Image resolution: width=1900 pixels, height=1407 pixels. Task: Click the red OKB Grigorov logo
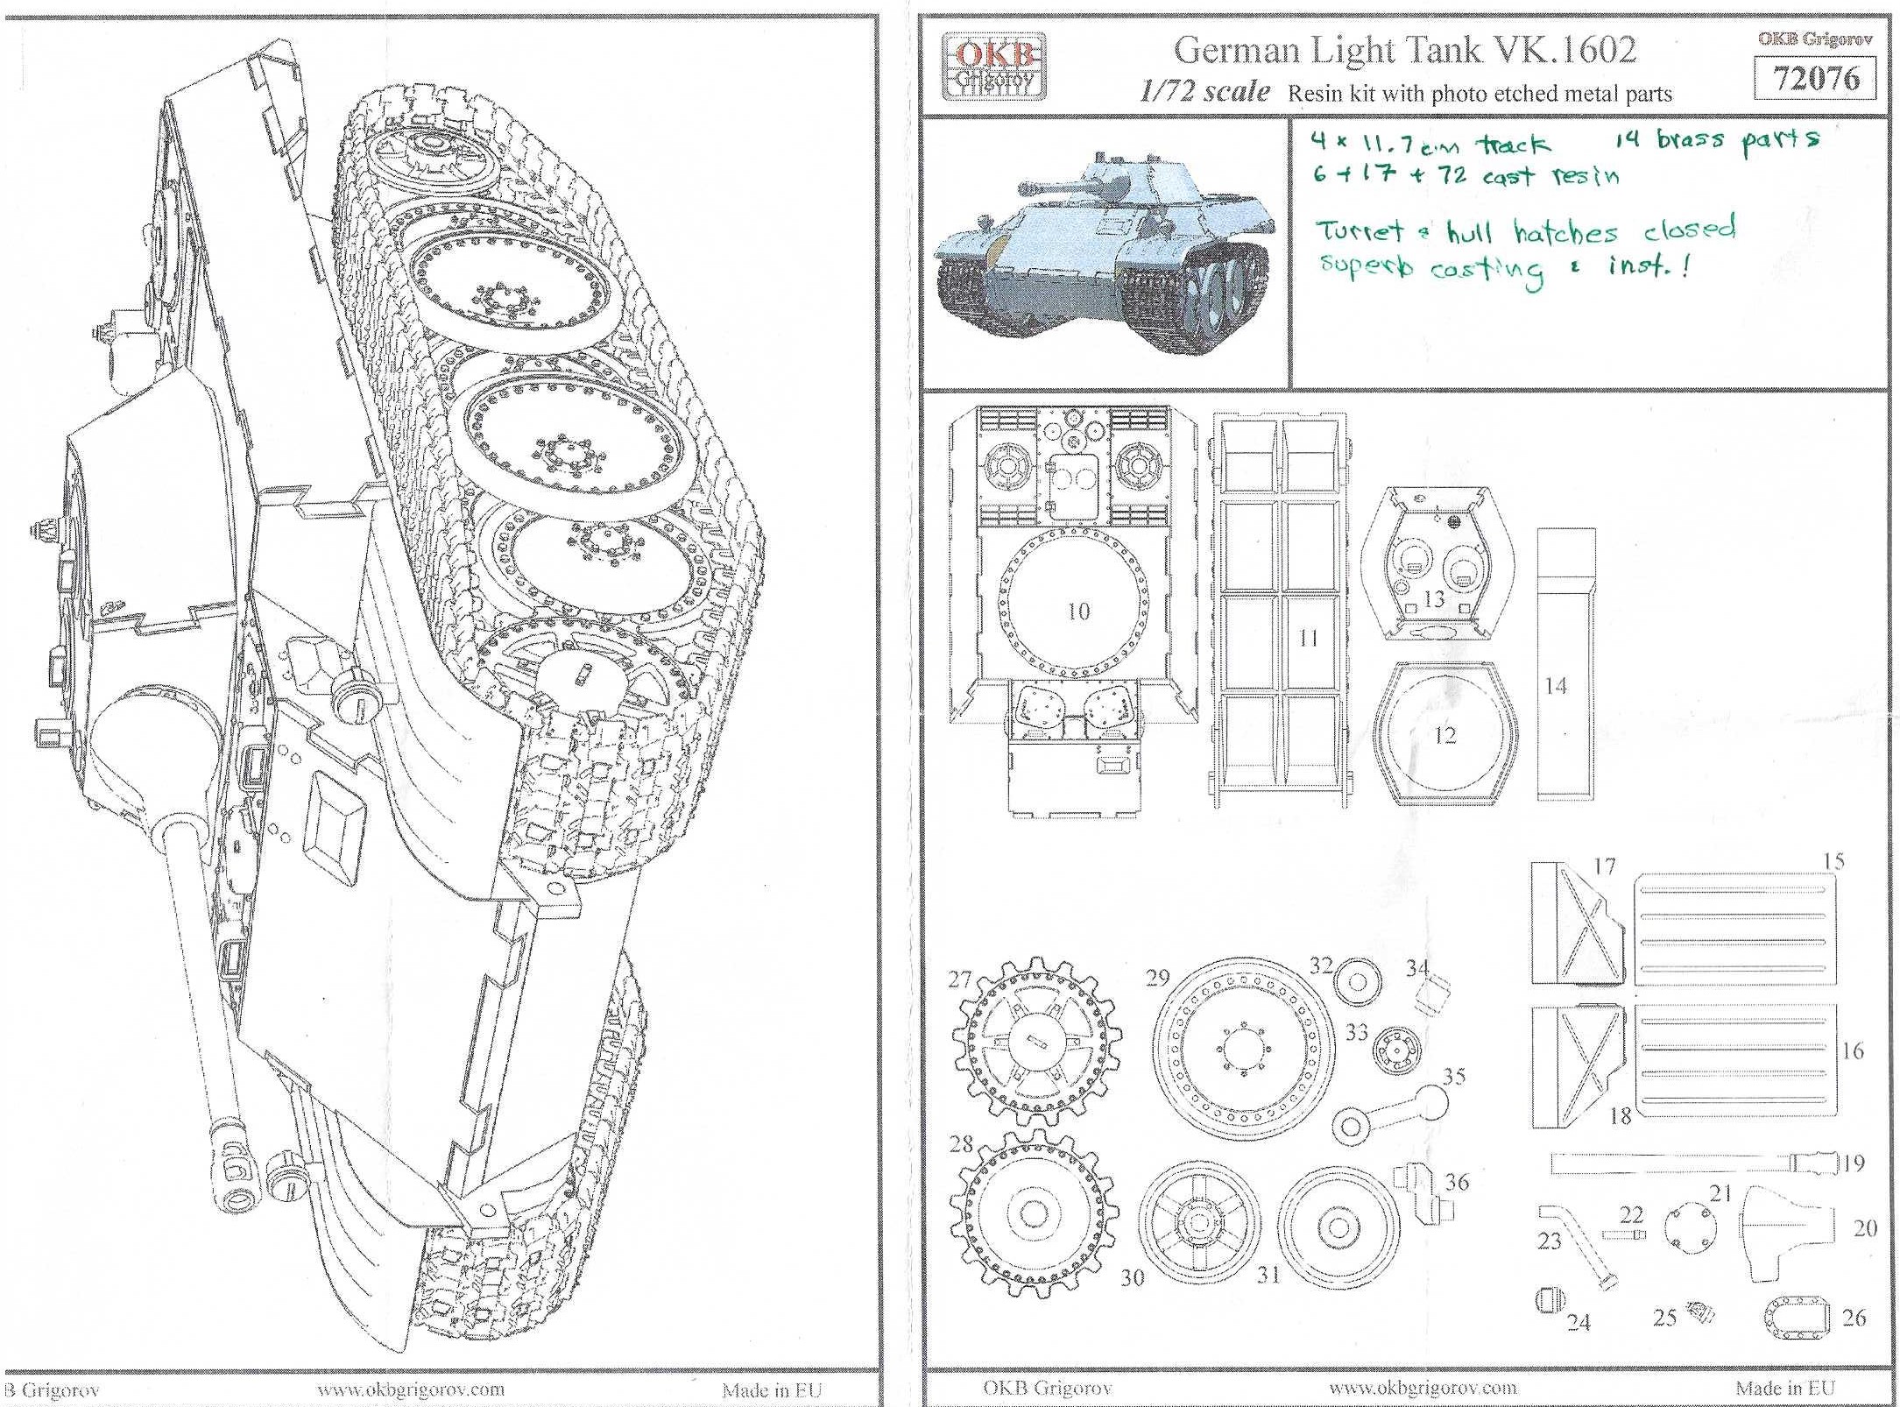coord(993,66)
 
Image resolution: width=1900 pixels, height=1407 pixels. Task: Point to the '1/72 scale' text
coord(1204,91)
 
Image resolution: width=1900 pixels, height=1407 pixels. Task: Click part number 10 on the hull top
coord(1078,611)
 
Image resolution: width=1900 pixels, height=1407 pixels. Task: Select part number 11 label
coord(1308,638)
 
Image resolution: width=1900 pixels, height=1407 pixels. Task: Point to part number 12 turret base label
coord(1444,734)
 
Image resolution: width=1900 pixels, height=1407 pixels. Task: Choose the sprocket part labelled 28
coord(1035,1213)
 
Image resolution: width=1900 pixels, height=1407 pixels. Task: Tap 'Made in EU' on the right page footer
coord(1784,1388)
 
